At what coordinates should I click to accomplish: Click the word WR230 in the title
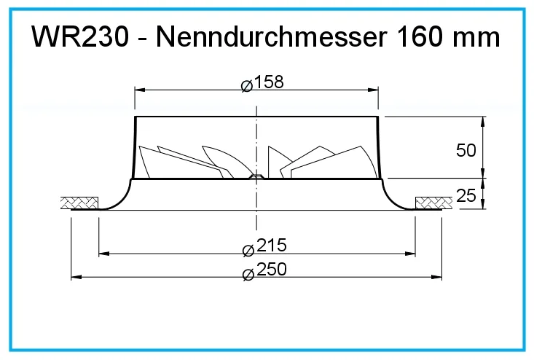coord(80,36)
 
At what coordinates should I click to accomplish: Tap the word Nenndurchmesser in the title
coord(272,36)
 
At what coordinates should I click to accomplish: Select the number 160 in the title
coord(420,36)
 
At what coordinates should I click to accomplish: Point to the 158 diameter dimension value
coord(269,82)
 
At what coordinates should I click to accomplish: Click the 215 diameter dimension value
coord(272,245)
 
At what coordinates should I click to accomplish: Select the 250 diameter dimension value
coord(272,270)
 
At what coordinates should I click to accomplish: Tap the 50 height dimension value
coord(466,150)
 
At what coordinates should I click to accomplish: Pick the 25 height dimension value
coord(466,195)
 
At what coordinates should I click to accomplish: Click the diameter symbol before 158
coord(247,86)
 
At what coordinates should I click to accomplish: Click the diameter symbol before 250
coord(248,275)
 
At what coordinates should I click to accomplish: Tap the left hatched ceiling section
coord(79,203)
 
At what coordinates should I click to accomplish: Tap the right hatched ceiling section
coord(434,203)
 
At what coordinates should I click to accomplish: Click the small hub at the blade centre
coord(256,176)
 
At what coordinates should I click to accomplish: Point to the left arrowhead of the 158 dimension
coord(140,90)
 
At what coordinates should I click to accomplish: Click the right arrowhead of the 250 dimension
coord(436,277)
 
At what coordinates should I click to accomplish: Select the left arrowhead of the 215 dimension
coord(104,254)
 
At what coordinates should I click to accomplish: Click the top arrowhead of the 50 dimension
coord(482,122)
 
